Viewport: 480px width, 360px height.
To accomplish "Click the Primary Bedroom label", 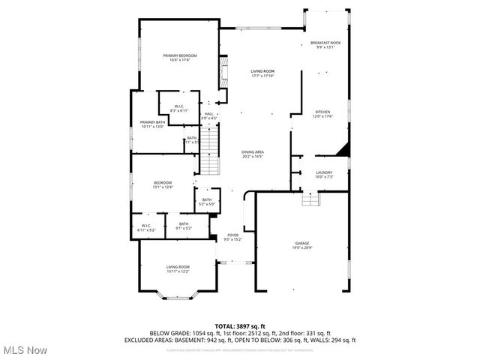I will [180, 55].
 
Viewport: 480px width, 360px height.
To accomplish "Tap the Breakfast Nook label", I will [325, 43].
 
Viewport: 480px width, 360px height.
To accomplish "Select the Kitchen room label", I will [322, 112].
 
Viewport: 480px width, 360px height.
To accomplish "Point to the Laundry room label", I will [324, 172].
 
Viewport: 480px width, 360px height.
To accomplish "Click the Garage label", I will [302, 243].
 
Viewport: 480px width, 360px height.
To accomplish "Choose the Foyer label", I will [232, 235].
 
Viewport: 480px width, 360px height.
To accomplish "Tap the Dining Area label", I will [252, 151].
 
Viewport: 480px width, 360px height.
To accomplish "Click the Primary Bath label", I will [151, 122].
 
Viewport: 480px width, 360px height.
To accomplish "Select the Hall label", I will [209, 114].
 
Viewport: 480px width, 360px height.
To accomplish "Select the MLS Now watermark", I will [24, 350].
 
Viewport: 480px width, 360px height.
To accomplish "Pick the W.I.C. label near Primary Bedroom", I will [179, 106].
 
